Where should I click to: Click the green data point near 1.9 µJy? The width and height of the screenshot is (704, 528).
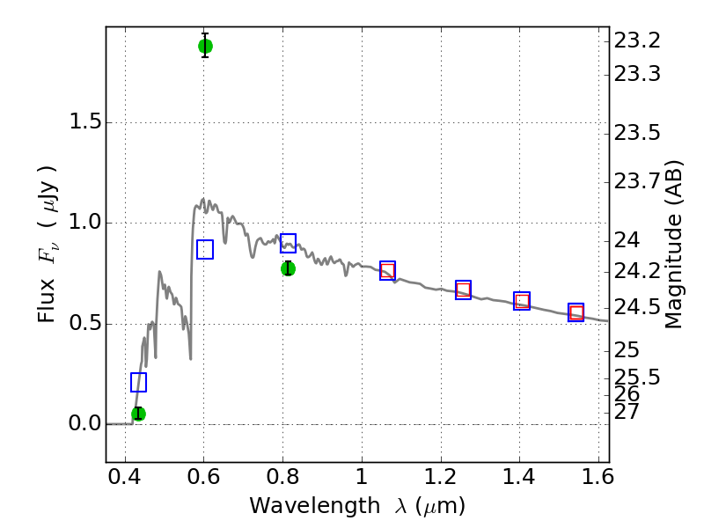[x=205, y=47]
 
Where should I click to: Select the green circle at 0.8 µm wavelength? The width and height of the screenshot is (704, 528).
[x=289, y=269]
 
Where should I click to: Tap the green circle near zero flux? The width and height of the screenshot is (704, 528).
[x=138, y=414]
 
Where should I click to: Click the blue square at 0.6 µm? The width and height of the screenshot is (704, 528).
[x=205, y=249]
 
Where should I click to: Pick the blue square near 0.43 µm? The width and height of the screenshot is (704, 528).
[x=138, y=382]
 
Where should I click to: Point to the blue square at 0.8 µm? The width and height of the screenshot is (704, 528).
[x=289, y=243]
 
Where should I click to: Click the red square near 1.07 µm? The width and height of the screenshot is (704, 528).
[x=387, y=271]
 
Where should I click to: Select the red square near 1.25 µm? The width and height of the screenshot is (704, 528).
[x=463, y=290]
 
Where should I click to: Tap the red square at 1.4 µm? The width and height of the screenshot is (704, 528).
[x=522, y=301]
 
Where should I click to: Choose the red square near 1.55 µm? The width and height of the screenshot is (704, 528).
[x=576, y=312]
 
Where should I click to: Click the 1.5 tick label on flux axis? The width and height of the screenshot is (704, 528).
[x=85, y=121]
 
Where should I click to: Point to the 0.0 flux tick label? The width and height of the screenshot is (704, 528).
[x=85, y=423]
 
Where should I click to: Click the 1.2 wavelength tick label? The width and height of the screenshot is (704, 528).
[x=441, y=477]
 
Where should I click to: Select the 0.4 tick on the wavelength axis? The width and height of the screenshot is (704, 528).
[x=125, y=477]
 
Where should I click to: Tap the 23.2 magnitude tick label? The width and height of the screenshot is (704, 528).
[x=637, y=40]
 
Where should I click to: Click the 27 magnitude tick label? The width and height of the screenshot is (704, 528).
[x=627, y=412]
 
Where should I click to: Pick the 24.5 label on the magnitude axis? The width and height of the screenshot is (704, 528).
[x=637, y=307]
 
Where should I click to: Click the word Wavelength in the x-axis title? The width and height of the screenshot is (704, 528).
[x=315, y=507]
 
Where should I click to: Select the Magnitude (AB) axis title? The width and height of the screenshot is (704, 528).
[x=672, y=245]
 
